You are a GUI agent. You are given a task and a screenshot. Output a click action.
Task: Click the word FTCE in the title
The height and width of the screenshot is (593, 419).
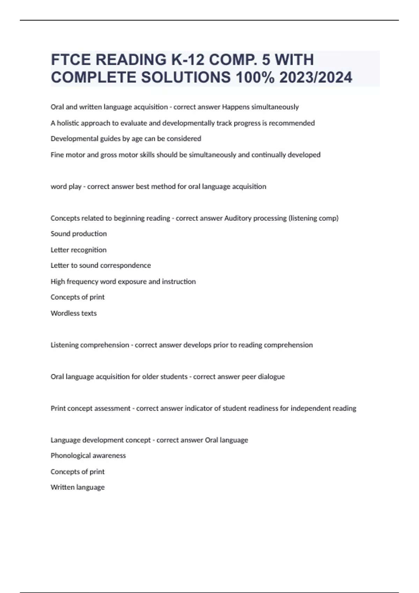point(71,60)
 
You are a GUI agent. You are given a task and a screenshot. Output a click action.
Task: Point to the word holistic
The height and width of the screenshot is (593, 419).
point(68,123)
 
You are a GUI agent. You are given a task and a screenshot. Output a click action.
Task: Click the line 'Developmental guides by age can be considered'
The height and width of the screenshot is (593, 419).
point(126,139)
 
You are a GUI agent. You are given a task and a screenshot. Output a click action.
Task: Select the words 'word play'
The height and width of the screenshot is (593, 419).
point(66,187)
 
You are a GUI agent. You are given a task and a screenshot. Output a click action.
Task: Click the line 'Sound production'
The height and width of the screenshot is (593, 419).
point(79,234)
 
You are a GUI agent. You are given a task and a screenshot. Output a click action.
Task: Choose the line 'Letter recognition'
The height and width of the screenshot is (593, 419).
point(79,250)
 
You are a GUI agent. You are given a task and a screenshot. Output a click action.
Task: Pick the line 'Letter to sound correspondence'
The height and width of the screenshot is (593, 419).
point(101,265)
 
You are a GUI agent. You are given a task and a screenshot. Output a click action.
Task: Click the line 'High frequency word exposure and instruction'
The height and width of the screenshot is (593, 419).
point(123,282)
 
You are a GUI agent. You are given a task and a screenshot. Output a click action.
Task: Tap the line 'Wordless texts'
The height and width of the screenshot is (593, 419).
point(74,313)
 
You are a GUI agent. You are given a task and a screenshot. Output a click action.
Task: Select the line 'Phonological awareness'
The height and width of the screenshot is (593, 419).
point(88,456)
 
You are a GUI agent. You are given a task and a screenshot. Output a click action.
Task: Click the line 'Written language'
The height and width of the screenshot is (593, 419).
point(78,487)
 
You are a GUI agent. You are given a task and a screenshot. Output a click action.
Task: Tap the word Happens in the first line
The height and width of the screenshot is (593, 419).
point(236,107)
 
